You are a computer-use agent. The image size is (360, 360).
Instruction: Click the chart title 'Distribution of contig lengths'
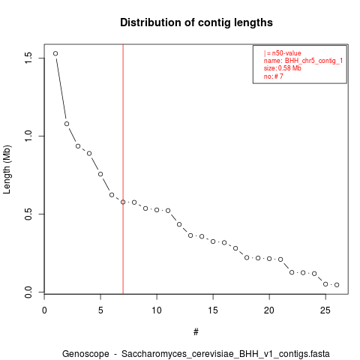[196, 22]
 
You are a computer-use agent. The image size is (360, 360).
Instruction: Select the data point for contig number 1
[55, 53]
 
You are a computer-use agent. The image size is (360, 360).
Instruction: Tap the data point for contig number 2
[67, 124]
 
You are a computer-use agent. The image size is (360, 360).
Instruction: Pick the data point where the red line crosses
[123, 202]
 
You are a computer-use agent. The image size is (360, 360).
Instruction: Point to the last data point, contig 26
[337, 285]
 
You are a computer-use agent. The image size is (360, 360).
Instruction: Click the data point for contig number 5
[100, 174]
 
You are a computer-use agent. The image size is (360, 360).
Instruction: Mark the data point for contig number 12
[179, 224]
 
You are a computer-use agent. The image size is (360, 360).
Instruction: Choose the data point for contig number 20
[269, 259]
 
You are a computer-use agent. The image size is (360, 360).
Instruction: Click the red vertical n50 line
[123, 169]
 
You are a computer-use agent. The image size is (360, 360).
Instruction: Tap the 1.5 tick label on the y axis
[28, 58]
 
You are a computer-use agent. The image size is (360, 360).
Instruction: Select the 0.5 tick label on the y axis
[28, 214]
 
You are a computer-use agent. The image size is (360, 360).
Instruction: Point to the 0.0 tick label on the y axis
[28, 292]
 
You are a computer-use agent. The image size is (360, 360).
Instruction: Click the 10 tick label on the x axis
[157, 310]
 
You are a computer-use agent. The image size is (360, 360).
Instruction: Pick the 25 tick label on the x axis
[325, 310]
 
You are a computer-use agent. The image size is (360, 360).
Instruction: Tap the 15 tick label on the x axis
[213, 310]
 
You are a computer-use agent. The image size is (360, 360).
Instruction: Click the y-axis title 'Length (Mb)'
[7, 169]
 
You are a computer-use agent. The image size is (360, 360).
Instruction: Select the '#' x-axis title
[196, 332]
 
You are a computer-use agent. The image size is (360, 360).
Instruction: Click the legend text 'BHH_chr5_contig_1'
[313, 61]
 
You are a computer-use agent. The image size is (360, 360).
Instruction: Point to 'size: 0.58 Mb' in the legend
[283, 68]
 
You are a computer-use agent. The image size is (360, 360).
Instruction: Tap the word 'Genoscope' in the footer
[85, 354]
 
